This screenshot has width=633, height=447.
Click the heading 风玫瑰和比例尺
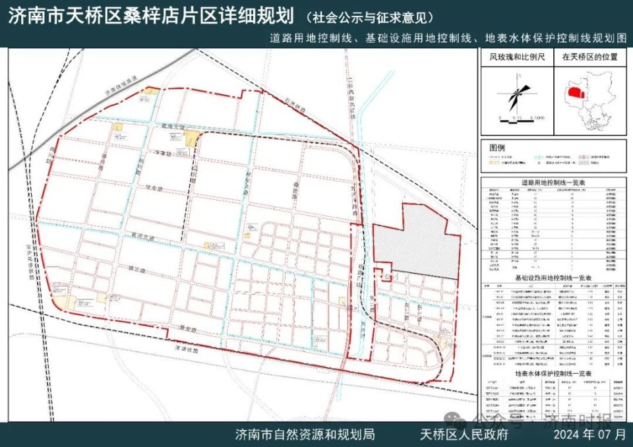[516, 57]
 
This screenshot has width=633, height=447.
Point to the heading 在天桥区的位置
[589, 57]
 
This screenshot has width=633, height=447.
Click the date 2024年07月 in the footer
[589, 434]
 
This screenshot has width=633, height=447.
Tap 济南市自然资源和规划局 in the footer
[305, 434]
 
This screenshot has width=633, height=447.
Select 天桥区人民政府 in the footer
[465, 434]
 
